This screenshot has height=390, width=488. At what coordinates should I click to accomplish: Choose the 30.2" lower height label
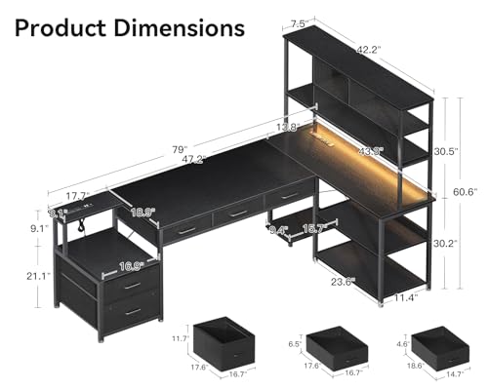pos(444,244)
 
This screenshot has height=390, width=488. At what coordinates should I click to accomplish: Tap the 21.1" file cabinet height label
pos(39,275)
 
